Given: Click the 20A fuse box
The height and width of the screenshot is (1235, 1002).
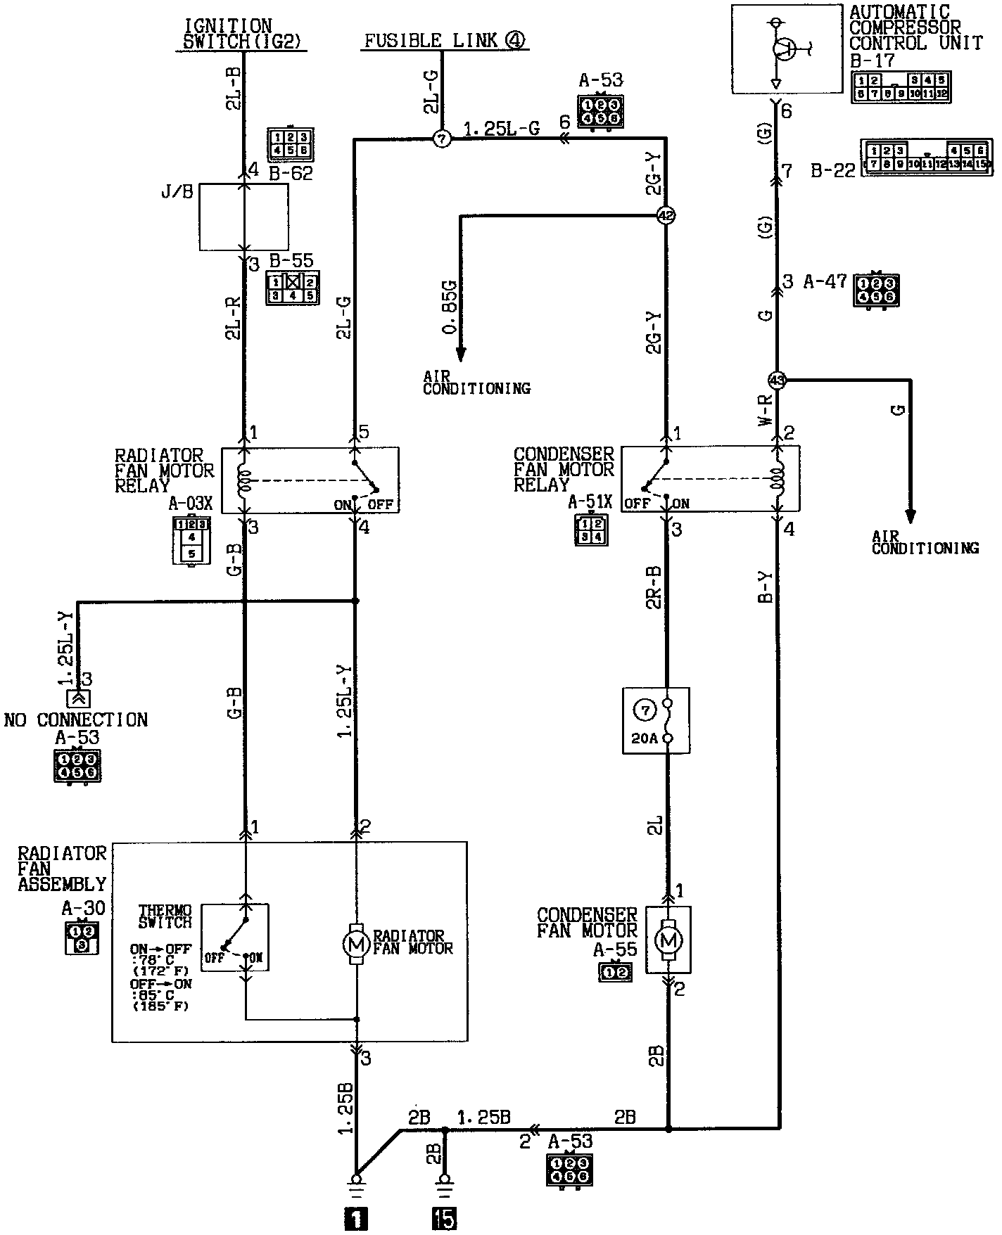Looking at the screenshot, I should [x=656, y=720].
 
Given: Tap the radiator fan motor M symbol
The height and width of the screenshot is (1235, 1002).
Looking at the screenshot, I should [x=357, y=942].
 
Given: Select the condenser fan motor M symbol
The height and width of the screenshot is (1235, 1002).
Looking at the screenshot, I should [x=668, y=939].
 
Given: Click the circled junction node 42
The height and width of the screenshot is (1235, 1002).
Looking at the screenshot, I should [x=666, y=216].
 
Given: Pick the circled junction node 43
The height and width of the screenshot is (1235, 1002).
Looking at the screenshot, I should [x=777, y=380].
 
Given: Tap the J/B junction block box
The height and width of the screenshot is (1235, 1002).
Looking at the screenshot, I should [x=243, y=217].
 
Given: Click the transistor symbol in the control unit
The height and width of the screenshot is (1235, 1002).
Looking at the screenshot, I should [x=782, y=49].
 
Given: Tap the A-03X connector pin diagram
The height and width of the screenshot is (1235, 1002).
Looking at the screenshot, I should [x=191, y=539].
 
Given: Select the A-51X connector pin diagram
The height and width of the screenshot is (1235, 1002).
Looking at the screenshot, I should [x=590, y=530].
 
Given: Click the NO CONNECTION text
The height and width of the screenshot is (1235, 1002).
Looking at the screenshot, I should [x=76, y=719].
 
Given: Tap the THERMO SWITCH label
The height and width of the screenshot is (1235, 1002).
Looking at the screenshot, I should [x=165, y=916].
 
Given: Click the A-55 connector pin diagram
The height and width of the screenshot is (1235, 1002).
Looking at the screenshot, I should [x=616, y=973].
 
